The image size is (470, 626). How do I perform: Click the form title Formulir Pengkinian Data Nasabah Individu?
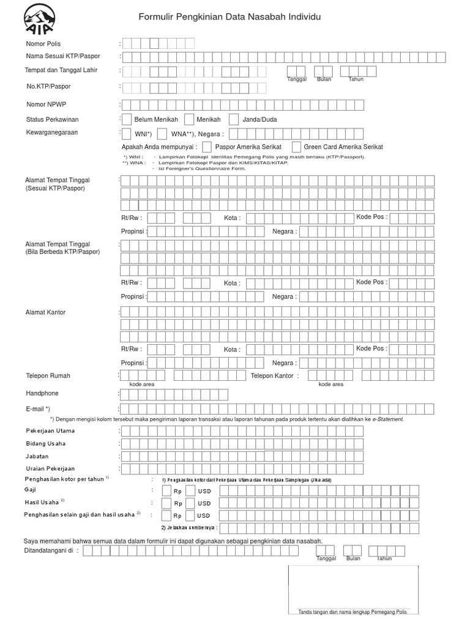coord(229,18)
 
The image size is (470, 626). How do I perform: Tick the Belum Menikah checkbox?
coord(127,119)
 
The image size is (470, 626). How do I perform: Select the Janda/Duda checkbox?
coord(234,119)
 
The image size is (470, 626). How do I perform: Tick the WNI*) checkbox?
coord(127,134)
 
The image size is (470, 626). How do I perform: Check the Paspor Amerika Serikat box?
coord(207,147)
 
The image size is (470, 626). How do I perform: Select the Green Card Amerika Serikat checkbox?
coord(296,147)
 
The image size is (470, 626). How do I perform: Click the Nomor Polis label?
coord(43,44)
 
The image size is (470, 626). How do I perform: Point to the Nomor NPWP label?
coord(46,105)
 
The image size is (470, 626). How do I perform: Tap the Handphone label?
coord(42,393)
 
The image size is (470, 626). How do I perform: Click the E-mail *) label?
coord(39,408)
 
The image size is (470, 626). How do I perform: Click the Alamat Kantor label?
coord(45,312)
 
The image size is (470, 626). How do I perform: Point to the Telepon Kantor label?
coord(272,375)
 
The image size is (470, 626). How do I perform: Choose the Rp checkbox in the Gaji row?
coord(166,490)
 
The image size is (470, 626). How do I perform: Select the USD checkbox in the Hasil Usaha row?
coord(190,503)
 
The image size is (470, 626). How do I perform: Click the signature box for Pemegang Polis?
coord(354,587)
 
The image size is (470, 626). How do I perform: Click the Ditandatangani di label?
coord(49,551)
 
